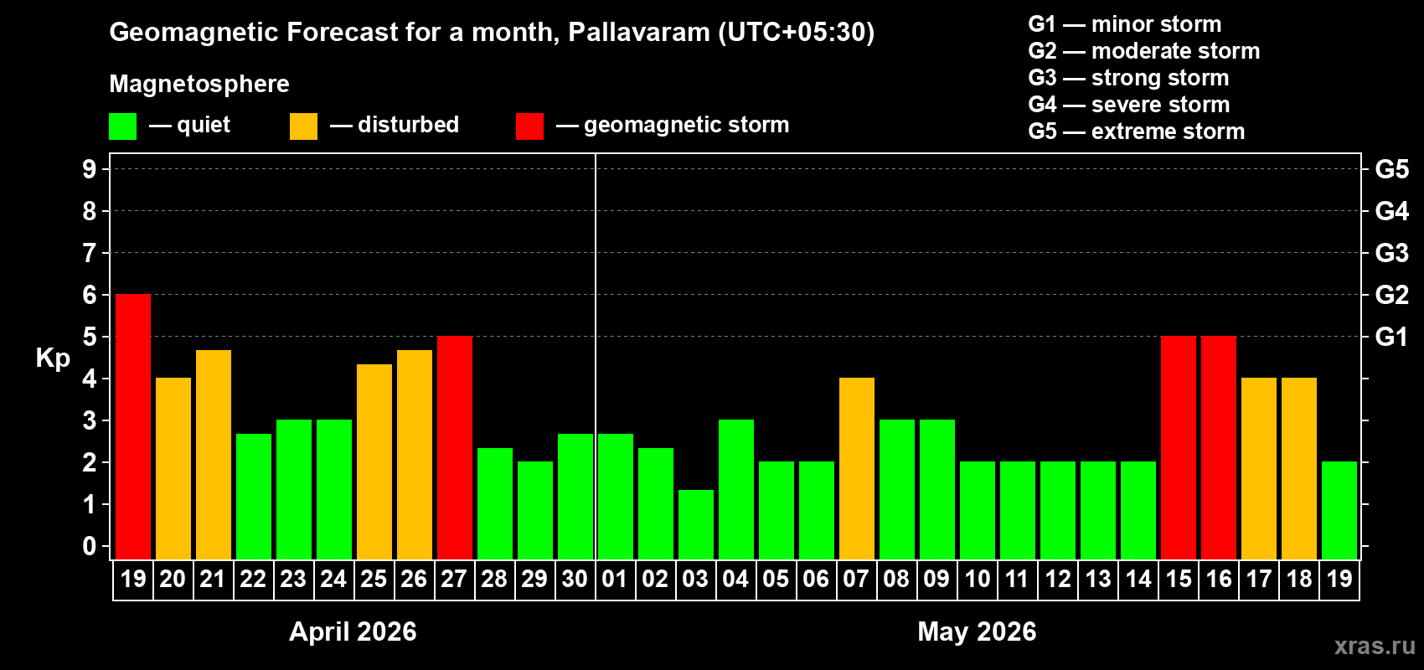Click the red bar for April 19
[133, 426]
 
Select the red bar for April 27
[455, 447]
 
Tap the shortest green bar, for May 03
[696, 524]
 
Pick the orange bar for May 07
[857, 468]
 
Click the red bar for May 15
[1179, 447]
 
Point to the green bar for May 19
[1339, 510]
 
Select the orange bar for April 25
[374, 461]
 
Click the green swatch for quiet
[123, 126]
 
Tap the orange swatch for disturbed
[303, 126]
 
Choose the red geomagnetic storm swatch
[529, 126]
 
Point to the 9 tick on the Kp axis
[90, 169]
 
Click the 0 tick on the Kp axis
[90, 547]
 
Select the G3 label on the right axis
[1391, 253]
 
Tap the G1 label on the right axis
[1391, 337]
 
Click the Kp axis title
[53, 358]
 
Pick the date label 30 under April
[575, 579]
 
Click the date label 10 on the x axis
[977, 579]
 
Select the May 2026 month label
[977, 631]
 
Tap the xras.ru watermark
[1375, 646]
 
